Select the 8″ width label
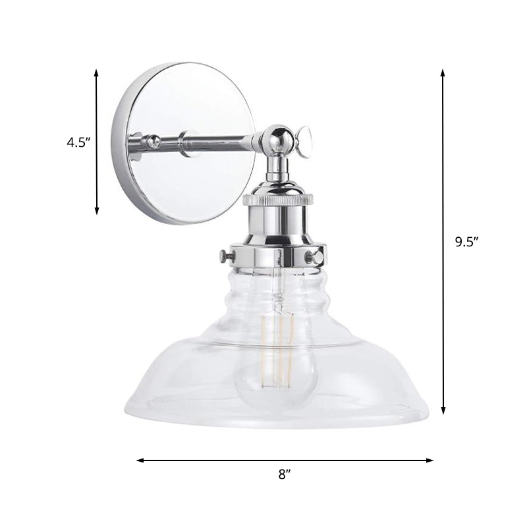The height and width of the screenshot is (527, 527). coord(285,473)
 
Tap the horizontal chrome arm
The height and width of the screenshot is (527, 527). coord(217,140)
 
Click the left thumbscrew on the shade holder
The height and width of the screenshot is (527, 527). coord(225,254)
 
